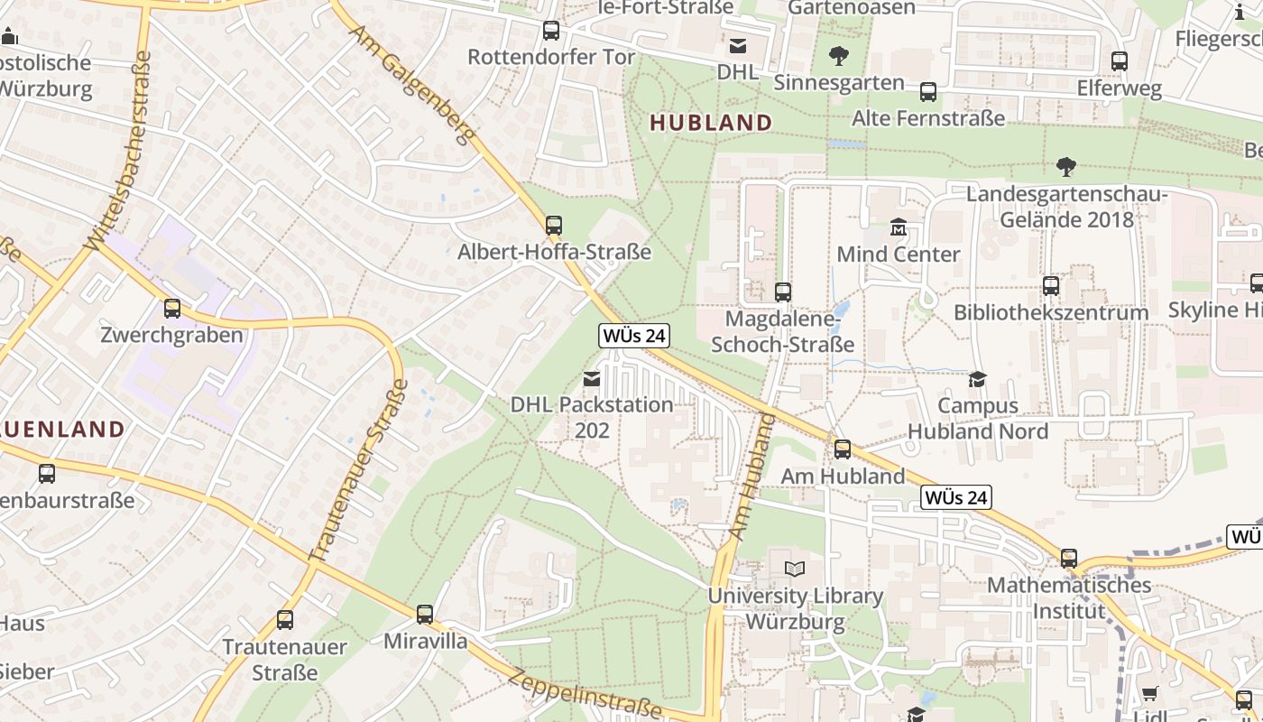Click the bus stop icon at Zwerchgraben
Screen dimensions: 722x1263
pyautogui.click(x=172, y=309)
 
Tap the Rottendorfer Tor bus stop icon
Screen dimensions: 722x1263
pyautogui.click(x=551, y=31)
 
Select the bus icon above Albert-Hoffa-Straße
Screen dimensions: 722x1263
pyautogui.click(x=554, y=225)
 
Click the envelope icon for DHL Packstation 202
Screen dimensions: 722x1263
pyautogui.click(x=592, y=379)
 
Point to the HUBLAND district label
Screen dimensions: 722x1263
pyautogui.click(x=711, y=123)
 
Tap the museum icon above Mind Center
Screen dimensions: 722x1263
pyautogui.click(x=899, y=227)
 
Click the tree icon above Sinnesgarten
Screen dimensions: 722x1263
pyautogui.click(x=839, y=56)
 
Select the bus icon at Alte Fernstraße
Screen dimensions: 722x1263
pyautogui.click(x=928, y=92)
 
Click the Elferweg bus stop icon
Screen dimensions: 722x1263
pyautogui.click(x=1120, y=61)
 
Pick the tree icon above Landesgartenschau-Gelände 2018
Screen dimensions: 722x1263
pyautogui.click(x=1066, y=167)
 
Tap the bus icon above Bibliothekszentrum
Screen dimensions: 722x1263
pyautogui.click(x=1051, y=286)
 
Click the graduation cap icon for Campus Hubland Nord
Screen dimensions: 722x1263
pyautogui.click(x=977, y=379)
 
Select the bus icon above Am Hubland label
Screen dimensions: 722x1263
pyautogui.click(x=843, y=449)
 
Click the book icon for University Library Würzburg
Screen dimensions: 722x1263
pyautogui.click(x=795, y=569)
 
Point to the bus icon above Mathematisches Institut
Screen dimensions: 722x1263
pyautogui.click(x=1069, y=559)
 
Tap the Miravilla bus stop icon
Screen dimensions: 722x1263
pyautogui.click(x=425, y=615)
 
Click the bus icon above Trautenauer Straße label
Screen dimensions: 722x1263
pyautogui.click(x=285, y=620)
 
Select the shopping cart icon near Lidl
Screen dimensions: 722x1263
pyautogui.click(x=1149, y=693)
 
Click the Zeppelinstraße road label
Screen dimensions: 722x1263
pyautogui.click(x=585, y=694)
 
